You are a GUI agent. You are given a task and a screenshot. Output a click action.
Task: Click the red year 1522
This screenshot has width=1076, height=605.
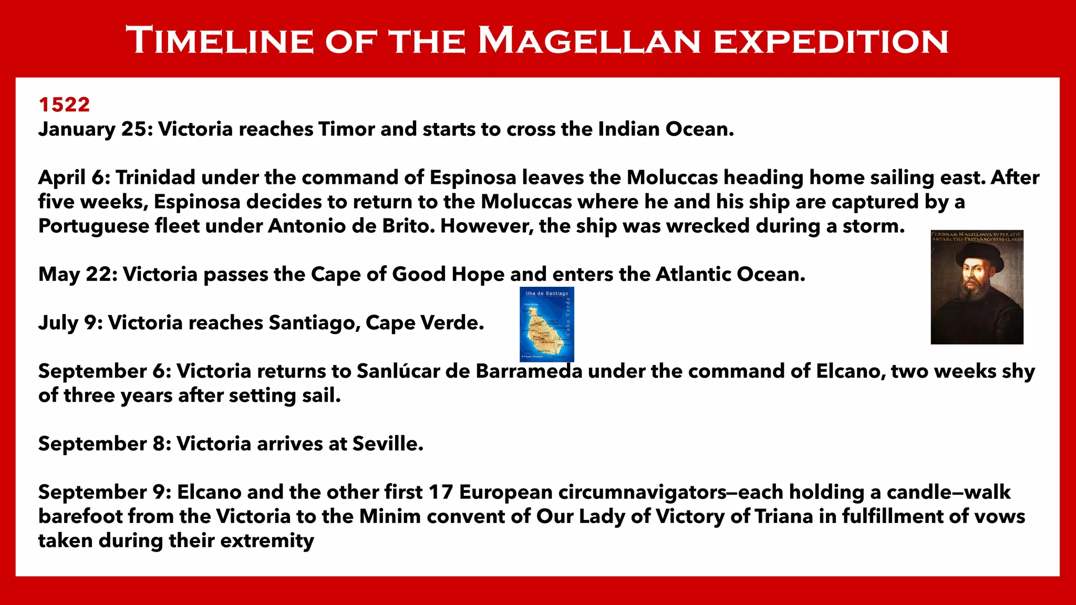point(64,105)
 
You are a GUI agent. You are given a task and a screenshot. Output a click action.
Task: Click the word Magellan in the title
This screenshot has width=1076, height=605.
point(589,41)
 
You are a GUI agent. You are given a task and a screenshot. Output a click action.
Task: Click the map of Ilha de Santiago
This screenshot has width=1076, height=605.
point(546,324)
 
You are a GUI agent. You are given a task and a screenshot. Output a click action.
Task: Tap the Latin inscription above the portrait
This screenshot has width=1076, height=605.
point(977,236)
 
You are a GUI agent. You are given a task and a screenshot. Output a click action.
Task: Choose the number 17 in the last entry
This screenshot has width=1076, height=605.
point(440,492)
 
